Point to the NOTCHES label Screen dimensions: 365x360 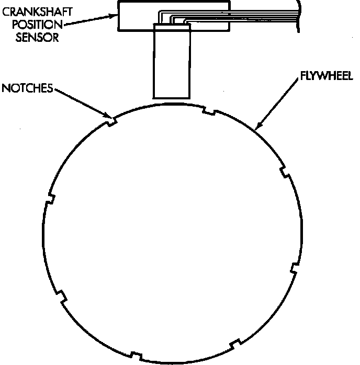(27, 88)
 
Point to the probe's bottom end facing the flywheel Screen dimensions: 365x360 (170, 97)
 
